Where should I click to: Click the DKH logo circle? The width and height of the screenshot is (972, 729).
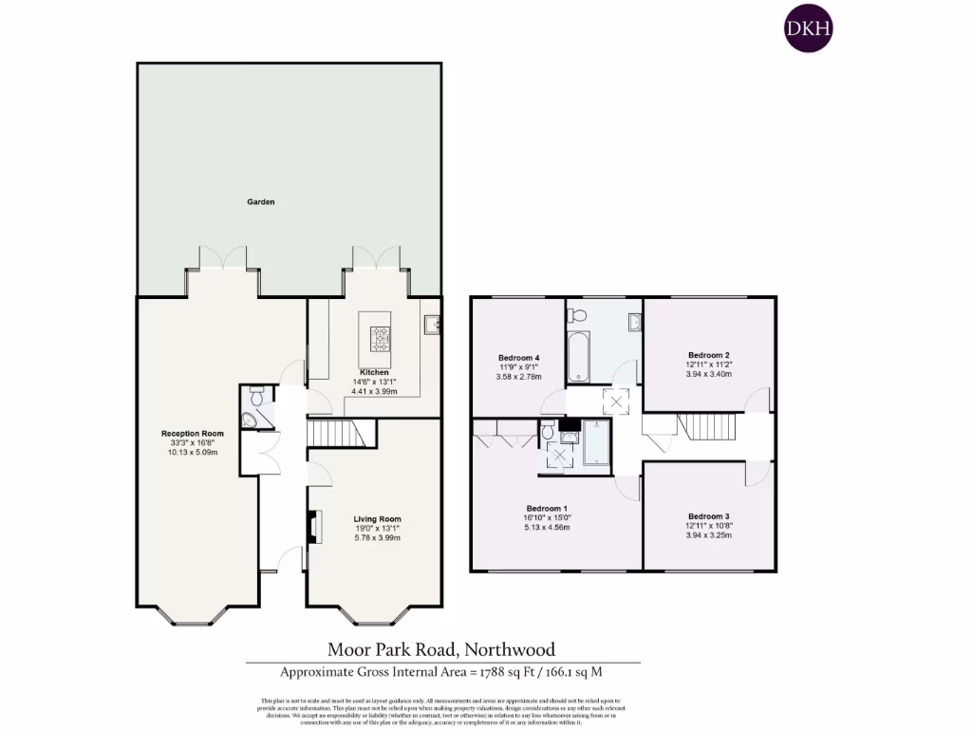click(808, 28)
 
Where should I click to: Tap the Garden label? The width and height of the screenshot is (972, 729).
click(261, 202)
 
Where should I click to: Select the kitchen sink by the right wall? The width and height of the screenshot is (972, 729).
click(434, 325)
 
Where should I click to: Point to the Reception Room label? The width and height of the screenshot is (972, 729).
click(192, 434)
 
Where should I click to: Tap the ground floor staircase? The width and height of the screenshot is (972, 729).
click(343, 435)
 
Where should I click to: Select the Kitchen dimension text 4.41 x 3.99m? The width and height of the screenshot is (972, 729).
click(373, 391)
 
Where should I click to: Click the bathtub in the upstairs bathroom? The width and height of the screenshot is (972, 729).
click(578, 356)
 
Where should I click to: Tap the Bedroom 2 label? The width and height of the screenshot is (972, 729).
click(708, 355)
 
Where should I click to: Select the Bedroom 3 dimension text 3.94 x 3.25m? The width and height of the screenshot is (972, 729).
click(708, 535)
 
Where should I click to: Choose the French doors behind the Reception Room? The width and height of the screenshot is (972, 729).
click(223, 258)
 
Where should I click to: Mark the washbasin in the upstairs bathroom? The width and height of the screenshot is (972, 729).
click(634, 324)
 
